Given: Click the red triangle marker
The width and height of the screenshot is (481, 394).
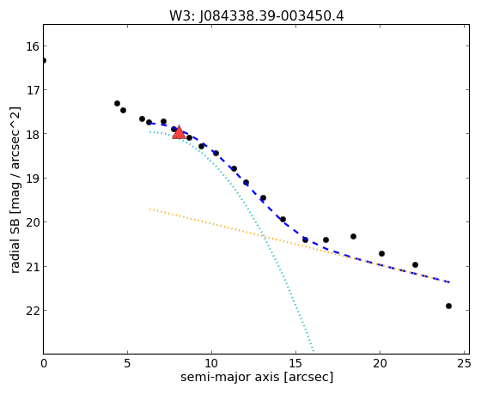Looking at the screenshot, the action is [179, 132].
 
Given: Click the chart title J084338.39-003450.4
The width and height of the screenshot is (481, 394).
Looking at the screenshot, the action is [271, 15].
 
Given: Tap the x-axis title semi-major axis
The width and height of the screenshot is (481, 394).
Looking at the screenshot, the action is [230, 377].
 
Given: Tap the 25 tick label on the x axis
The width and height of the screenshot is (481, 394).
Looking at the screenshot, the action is [464, 364].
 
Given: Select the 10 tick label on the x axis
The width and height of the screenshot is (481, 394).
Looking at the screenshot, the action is [211, 364].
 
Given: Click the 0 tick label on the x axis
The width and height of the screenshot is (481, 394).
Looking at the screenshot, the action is [44, 364].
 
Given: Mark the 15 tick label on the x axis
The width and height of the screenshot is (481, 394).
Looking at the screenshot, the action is [295, 364].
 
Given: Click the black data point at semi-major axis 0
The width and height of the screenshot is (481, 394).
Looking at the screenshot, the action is [44, 60].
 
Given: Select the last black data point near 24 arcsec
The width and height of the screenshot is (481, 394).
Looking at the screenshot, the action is [448, 306].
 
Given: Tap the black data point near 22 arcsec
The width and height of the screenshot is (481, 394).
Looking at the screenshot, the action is [415, 264].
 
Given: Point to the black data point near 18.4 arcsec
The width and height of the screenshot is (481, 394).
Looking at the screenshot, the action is [353, 236].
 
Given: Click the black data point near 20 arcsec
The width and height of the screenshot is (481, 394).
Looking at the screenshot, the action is [381, 253].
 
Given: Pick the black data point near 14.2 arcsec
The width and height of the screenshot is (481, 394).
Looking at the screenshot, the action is [283, 219].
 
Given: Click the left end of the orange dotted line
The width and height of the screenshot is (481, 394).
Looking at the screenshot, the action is [150, 209].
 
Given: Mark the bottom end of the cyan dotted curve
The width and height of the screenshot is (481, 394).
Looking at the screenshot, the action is [314, 351].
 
